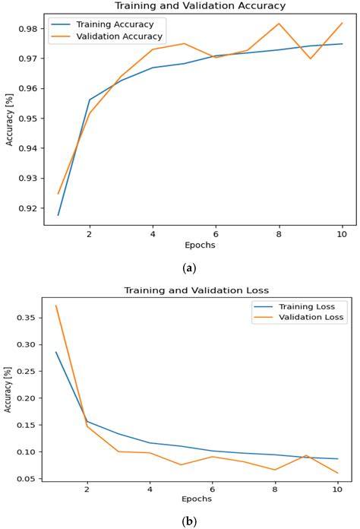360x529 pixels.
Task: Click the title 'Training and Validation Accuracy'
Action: (x=200, y=6)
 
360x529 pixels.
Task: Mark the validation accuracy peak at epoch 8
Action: (x=278, y=24)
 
